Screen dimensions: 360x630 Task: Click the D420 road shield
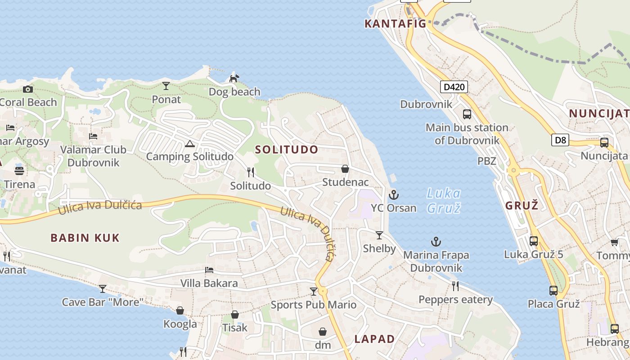coord(454,87)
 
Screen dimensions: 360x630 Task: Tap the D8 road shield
coord(560,140)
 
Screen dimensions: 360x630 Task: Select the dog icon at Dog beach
coord(234,78)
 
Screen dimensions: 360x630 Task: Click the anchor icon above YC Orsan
coord(394,195)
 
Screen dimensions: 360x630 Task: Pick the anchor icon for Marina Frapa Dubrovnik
coord(436,242)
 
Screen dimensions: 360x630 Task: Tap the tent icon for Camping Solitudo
coord(189,144)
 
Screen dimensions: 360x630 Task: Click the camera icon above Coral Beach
coord(28,89)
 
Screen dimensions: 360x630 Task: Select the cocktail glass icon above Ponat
coord(166,85)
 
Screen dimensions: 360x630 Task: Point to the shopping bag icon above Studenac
coord(345,169)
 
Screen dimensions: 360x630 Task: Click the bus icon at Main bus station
coord(467,114)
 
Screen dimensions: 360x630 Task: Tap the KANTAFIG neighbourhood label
coord(395,24)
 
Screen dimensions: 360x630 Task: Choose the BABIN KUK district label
coord(85,238)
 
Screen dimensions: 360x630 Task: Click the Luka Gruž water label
coord(443,201)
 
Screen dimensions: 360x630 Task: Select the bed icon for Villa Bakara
coord(209,270)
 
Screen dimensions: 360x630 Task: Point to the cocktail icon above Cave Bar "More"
coord(103,288)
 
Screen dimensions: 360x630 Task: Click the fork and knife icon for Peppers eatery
coord(455,286)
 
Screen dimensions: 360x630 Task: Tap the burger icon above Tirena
coord(19,171)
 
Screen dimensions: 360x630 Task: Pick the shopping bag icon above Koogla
coord(180,310)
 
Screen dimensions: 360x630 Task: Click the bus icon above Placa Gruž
coord(553,291)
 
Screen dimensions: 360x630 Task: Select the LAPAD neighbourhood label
coord(374,339)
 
